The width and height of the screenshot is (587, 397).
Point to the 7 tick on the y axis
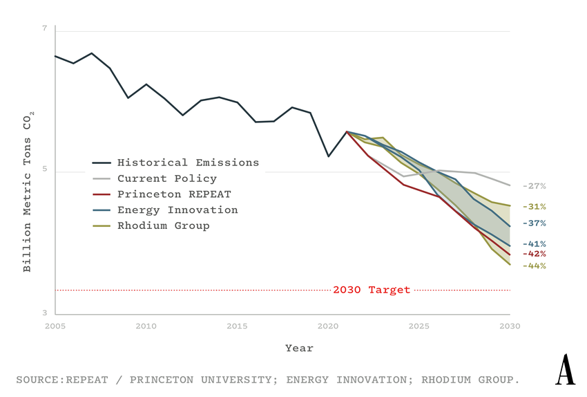pos(45,29)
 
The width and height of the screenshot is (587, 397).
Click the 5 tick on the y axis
pos(45,171)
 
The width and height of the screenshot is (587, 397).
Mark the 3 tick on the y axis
pos(45,313)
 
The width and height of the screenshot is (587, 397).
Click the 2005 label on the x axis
pos(55,325)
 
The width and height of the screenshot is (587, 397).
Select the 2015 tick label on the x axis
pos(237,325)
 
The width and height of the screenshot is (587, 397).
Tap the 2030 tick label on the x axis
pos(510,325)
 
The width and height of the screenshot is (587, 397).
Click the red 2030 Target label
pos(372,290)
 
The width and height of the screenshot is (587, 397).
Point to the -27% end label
pos(534,186)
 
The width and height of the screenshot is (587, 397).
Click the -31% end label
pos(534,206)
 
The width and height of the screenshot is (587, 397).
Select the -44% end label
pos(534,266)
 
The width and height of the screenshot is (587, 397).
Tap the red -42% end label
pos(534,254)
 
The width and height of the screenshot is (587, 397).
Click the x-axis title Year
pos(299,349)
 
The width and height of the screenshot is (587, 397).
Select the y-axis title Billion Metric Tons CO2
pos(28,194)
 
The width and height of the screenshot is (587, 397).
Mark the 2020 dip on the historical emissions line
pos(328,156)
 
